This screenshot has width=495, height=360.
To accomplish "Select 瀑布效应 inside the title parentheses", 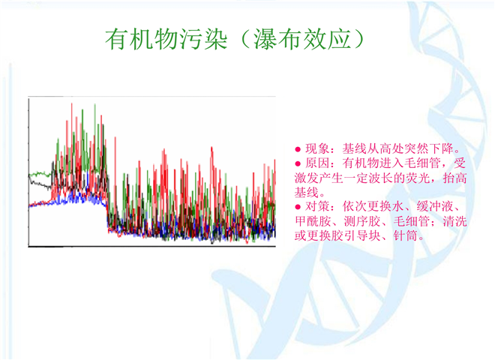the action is pos(302,39).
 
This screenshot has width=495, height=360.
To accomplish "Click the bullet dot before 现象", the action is pos(298,149).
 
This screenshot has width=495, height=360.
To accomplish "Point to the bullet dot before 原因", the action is pos(298,163).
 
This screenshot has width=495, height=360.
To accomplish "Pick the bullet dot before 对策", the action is pos(298,207).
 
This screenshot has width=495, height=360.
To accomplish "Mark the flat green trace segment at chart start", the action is pos(40,174).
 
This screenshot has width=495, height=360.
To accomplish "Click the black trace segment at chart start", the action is pos(40,184).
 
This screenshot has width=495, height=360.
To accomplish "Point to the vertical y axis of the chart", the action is pos(28,172).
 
